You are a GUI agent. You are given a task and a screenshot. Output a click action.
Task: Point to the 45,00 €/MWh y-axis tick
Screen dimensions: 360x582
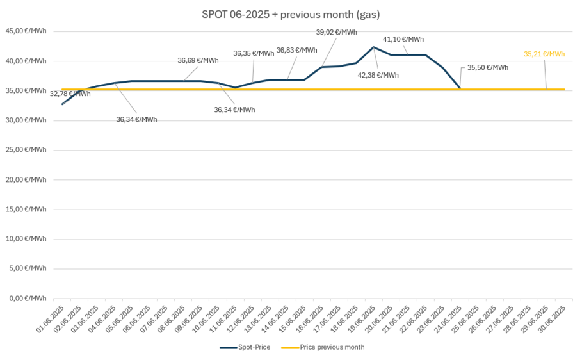click(x=26, y=31)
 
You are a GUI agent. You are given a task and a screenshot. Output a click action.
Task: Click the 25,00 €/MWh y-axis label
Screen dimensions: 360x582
click(x=26, y=150)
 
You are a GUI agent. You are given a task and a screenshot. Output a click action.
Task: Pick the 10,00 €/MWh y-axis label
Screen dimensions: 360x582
click(x=26, y=239)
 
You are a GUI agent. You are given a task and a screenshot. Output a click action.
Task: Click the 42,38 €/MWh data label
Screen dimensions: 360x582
click(x=378, y=75)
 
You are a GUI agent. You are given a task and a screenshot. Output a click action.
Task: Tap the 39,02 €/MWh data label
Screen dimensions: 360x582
click(x=337, y=32)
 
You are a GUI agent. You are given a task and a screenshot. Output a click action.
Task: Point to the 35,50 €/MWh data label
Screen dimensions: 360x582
click(x=488, y=67)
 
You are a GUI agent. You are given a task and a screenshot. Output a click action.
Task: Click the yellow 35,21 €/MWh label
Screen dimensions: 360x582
click(x=544, y=54)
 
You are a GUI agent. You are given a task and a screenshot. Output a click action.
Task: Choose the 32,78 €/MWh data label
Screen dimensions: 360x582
click(x=70, y=94)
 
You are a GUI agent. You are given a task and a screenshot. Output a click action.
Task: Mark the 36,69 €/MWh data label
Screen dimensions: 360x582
click(x=198, y=61)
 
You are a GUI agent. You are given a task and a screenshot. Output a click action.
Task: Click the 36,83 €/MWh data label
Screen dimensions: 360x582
click(x=296, y=51)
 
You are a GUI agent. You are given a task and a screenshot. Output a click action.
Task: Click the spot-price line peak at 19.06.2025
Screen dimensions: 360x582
click(x=373, y=47)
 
